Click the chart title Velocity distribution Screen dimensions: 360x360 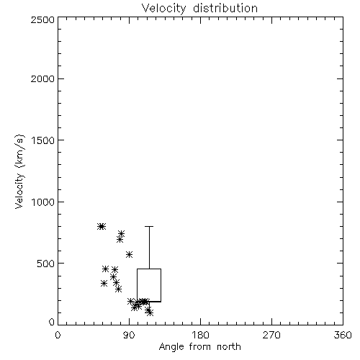tap(199, 8)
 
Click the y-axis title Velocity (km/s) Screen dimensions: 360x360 tap(19, 171)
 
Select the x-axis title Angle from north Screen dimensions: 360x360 tap(199, 347)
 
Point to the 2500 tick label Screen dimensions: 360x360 tap(42, 19)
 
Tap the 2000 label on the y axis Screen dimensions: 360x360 tap(42, 78)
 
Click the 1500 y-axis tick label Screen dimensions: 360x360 tap(43, 140)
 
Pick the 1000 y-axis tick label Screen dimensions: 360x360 tap(43, 202)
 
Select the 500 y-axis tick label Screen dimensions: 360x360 tap(46, 264)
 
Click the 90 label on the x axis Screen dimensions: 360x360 tap(129, 335)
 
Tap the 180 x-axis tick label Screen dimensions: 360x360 tap(200, 335)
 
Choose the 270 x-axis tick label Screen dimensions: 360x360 tap(271, 335)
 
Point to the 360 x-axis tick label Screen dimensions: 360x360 tap(343, 335)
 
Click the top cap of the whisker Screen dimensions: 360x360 tap(149, 226)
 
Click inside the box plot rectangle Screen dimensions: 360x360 tap(149, 285)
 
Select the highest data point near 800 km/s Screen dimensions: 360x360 tap(102, 226)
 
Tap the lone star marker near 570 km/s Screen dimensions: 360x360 tap(130, 255)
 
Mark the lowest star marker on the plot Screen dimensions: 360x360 tap(150, 312)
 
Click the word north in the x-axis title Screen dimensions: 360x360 tap(229, 347)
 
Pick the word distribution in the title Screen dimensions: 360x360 tap(225, 8)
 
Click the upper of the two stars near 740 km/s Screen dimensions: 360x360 tap(121, 233)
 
